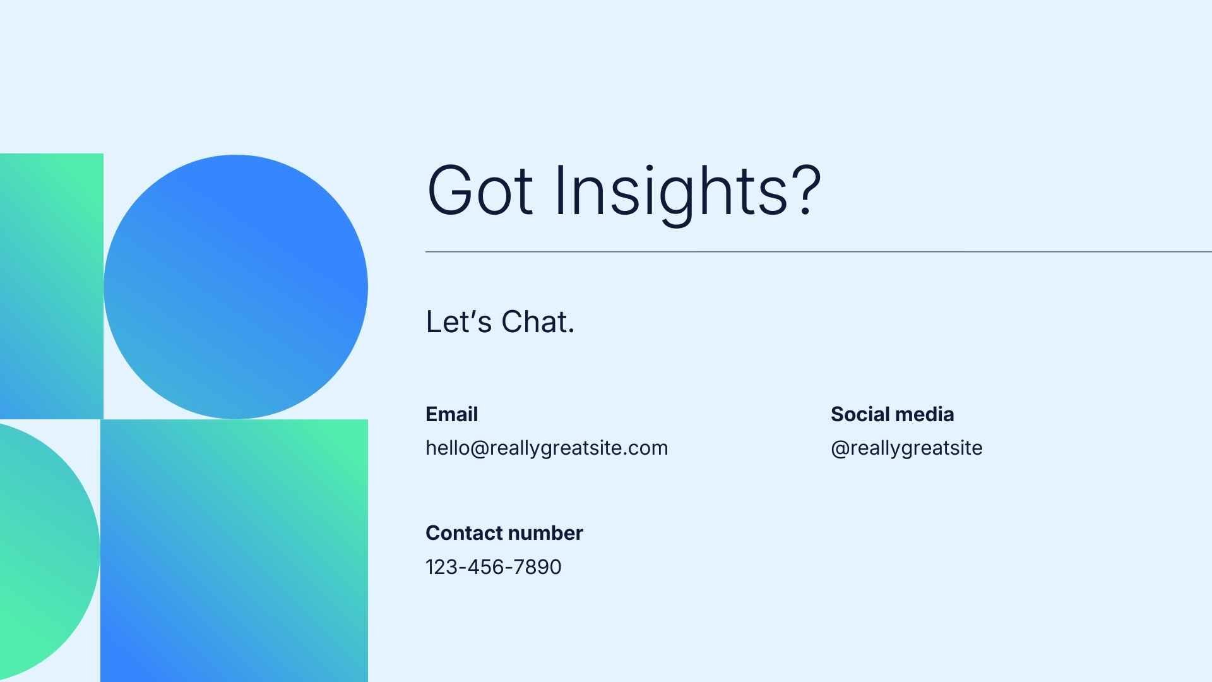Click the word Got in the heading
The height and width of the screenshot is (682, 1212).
click(480, 190)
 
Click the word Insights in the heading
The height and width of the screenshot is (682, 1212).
click(670, 190)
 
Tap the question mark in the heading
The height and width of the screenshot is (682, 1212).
click(805, 190)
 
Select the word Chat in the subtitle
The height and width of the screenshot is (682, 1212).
click(538, 321)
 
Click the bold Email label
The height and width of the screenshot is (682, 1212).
click(451, 414)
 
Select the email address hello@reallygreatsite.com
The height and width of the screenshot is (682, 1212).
click(547, 448)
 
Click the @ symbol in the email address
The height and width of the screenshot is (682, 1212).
click(480, 448)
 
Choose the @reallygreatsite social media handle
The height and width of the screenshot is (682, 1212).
click(906, 448)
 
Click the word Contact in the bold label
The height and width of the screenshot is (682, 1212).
click(463, 533)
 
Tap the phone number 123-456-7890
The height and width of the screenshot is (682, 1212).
click(493, 567)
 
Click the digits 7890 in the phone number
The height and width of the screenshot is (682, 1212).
click(537, 567)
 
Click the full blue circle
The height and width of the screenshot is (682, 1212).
click(235, 287)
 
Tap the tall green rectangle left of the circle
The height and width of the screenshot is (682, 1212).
click(51, 286)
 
